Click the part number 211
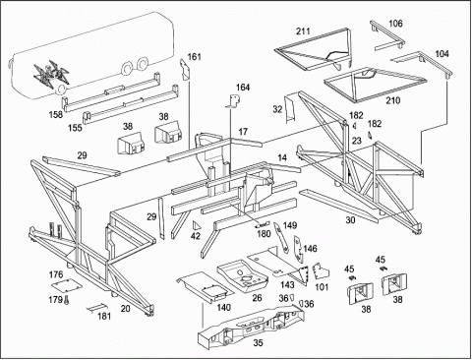coord(303,31)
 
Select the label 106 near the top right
coord(395,24)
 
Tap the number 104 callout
coord(442,53)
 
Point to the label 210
coord(392,100)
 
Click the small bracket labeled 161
coord(185,70)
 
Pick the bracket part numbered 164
coord(234,101)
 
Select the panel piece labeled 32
coord(290,109)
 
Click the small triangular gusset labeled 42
coord(196,225)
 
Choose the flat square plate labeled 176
coord(66,285)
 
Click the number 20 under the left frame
coord(125,308)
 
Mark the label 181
coord(104,316)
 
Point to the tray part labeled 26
coord(242,275)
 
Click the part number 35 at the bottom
coord(258,343)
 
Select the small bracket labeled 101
coord(321,270)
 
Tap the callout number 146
coord(310,249)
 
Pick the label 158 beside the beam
coord(56,114)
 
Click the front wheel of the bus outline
coord(61,89)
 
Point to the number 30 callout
coord(350,220)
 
